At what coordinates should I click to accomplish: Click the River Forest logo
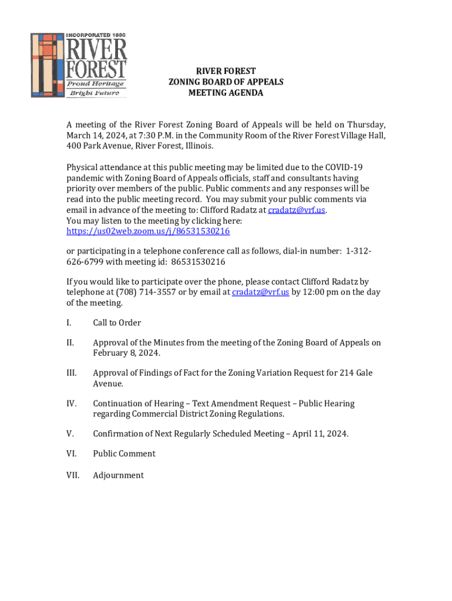coord(79,64)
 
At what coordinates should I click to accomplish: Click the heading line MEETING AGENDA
coord(225,93)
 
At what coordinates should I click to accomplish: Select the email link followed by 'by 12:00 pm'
coord(260,292)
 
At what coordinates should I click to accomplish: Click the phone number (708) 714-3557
coord(146,292)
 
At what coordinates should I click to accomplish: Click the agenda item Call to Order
coord(117,323)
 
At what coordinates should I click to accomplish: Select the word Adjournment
coord(118,475)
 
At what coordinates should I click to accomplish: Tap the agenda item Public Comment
coord(124,454)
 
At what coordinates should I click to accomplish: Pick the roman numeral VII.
coord(73,475)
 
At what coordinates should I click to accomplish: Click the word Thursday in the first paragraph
coord(366,125)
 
